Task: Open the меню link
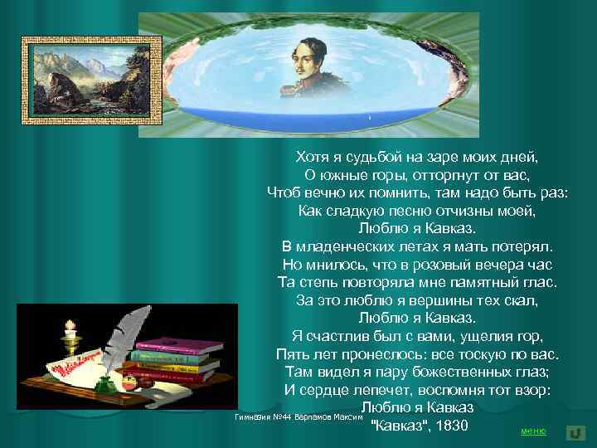point(533,431)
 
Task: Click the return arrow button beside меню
point(575,432)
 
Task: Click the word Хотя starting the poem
point(313,156)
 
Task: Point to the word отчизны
point(464,211)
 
